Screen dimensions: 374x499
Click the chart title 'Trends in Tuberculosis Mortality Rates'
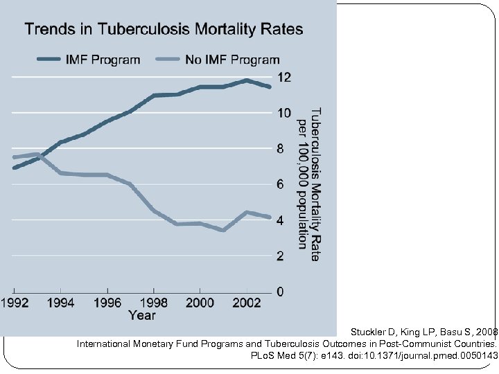pos(164,30)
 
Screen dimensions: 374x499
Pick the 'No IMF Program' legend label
pos(232,60)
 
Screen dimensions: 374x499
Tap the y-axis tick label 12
pos(284,77)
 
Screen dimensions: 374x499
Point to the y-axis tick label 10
pos(284,113)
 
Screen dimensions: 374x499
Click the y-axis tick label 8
pos(281,149)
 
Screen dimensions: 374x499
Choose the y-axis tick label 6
pos(281,185)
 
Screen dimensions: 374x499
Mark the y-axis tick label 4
pos(281,220)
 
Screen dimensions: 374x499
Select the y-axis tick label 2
pos(281,256)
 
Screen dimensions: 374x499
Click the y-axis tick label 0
pos(281,292)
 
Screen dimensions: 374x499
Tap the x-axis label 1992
pos(15,303)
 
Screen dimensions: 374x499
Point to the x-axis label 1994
pos(61,303)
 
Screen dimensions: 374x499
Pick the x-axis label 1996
pos(107,303)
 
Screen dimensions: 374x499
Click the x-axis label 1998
pos(153,303)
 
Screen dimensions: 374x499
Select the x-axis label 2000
pos(200,303)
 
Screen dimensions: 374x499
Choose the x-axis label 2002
pos(246,303)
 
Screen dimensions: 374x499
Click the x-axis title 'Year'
pos(142,316)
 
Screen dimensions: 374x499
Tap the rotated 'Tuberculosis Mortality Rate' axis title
pos(315,184)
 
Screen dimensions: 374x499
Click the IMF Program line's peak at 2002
pos(246,81)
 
